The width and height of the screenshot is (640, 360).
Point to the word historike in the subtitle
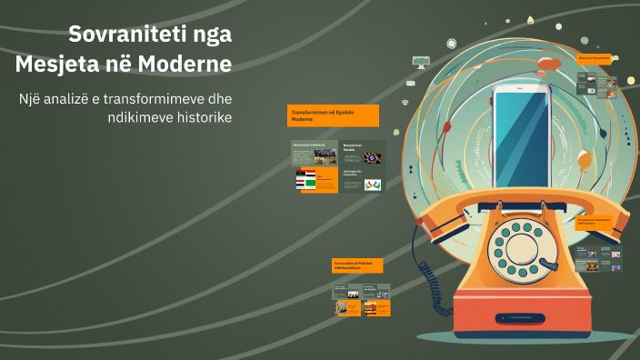pyautogui.click(x=200, y=118)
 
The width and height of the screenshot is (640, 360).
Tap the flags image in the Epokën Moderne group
pyautogui.click(x=305, y=179)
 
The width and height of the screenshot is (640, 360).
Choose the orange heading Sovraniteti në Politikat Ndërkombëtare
pyautogui.click(x=357, y=265)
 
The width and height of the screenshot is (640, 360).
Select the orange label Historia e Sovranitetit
pyautogui.click(x=596, y=58)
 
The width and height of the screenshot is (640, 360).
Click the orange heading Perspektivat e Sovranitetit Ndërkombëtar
pyautogui.click(x=596, y=222)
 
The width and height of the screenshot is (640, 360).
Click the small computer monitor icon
pyautogui.click(x=420, y=62)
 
